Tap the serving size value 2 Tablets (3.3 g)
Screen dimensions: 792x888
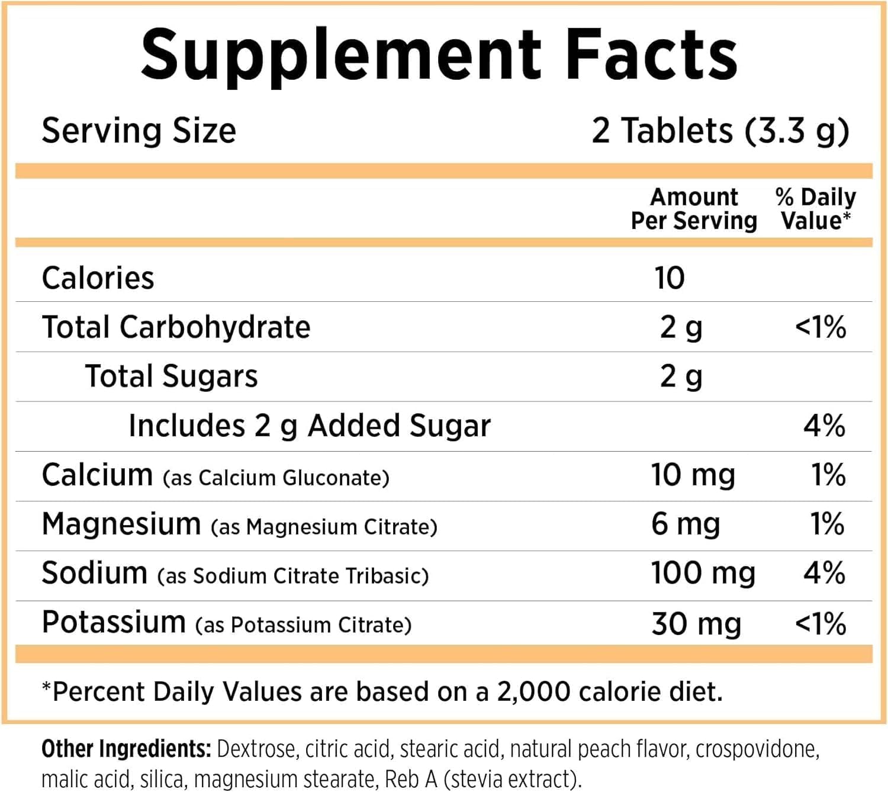720,130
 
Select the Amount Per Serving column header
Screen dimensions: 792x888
694,208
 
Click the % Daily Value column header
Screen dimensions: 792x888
815,208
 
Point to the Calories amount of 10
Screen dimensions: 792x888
670,278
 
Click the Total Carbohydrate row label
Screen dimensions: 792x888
176,327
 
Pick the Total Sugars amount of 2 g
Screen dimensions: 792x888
681,376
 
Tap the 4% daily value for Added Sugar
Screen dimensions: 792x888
824,426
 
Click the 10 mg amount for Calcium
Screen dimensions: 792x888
693,475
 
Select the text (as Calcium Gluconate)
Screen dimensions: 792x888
276,478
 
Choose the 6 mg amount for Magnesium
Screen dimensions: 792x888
686,524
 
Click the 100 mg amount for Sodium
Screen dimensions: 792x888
703,573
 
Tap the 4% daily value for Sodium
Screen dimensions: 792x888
824,573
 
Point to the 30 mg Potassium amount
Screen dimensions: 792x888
696,623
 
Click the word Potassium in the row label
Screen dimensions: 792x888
114,622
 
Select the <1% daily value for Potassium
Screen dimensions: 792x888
820,623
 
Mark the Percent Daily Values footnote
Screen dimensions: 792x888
382,691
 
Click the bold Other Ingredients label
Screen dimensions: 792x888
126,749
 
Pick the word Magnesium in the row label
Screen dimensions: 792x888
121,524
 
